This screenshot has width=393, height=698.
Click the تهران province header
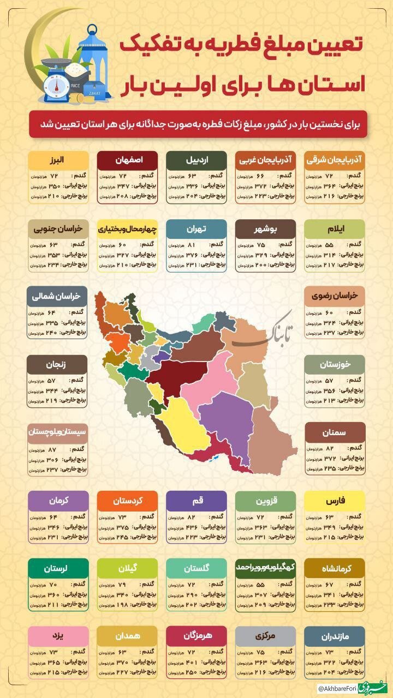point(196,229)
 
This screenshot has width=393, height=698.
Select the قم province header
point(196,500)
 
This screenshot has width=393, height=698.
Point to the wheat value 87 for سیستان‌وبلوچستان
point(52,450)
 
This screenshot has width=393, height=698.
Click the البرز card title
point(58,160)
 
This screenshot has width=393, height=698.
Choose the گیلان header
point(127,568)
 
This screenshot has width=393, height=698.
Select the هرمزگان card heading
point(196,635)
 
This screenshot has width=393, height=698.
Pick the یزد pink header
point(58,635)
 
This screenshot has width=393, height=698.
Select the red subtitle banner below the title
point(196,124)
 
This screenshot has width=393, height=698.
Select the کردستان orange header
point(127,500)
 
